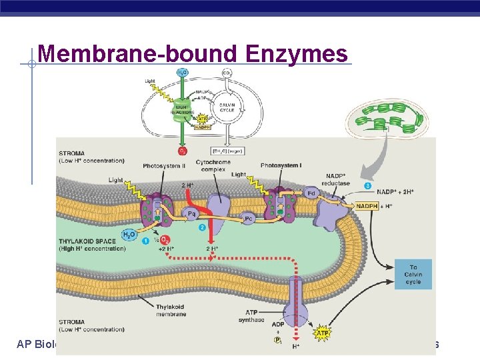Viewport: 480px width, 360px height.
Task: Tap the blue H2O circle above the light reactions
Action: pyautogui.click(x=182, y=72)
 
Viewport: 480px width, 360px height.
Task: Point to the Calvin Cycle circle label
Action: pyautogui.click(x=227, y=107)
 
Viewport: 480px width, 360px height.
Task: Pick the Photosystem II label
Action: pyautogui.click(x=164, y=166)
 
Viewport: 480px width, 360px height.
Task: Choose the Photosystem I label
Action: pyautogui.click(x=281, y=165)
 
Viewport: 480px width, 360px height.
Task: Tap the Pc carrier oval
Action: pyautogui.click(x=248, y=217)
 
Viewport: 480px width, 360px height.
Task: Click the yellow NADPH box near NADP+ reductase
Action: pyautogui.click(x=367, y=206)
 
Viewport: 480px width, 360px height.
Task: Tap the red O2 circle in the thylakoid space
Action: pyautogui.click(x=165, y=239)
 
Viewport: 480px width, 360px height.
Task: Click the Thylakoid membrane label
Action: pyautogui.click(x=170, y=310)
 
